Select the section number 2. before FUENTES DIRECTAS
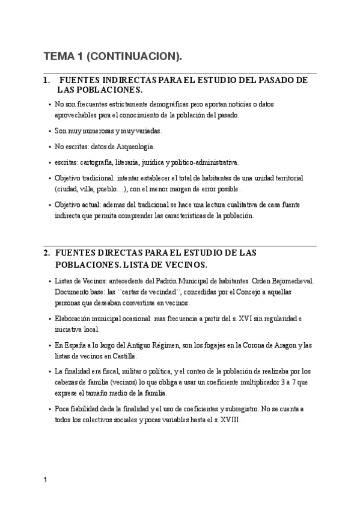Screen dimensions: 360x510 click(46, 253)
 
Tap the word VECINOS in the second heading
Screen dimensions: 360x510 click(186, 265)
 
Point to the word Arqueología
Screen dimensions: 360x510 click(136, 146)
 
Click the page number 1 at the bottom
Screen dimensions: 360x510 click(45, 481)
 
